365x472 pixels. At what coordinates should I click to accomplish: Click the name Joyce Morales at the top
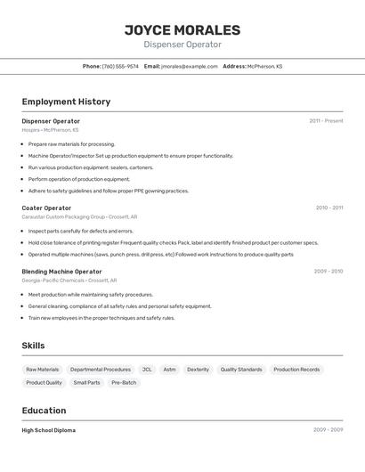(x=182, y=29)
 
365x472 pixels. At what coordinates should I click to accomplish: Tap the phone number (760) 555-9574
(x=120, y=66)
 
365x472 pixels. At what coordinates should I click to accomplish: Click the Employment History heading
(x=66, y=102)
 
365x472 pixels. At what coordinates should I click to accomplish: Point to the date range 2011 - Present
(x=326, y=121)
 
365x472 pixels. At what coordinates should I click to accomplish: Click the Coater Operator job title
(x=46, y=208)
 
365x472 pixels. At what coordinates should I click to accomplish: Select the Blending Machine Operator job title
(x=61, y=272)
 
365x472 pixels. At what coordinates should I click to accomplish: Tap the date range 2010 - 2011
(x=328, y=208)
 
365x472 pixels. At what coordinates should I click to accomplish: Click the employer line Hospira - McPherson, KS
(x=50, y=130)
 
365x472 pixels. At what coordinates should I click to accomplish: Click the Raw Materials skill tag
(x=43, y=370)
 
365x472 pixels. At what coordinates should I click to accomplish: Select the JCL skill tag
(x=147, y=370)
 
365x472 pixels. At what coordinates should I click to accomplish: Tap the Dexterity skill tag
(x=198, y=370)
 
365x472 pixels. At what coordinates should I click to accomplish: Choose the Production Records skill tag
(x=296, y=370)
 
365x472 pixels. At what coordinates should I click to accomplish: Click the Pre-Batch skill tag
(x=124, y=383)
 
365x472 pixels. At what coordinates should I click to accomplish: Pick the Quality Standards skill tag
(x=241, y=370)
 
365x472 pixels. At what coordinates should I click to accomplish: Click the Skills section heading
(x=33, y=346)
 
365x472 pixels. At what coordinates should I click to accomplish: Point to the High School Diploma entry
(x=48, y=430)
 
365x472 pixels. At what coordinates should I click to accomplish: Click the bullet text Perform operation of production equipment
(x=78, y=179)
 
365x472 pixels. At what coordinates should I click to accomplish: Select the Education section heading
(x=44, y=411)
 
